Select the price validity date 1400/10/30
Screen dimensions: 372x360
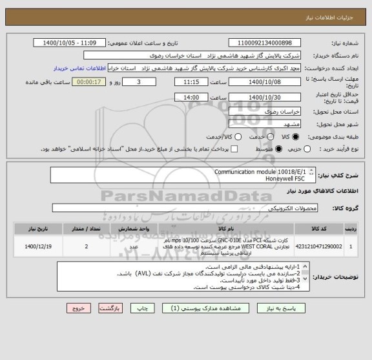click(264, 97)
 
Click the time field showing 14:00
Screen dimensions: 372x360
click(191, 97)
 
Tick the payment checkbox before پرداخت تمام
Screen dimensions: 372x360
click(235, 149)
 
